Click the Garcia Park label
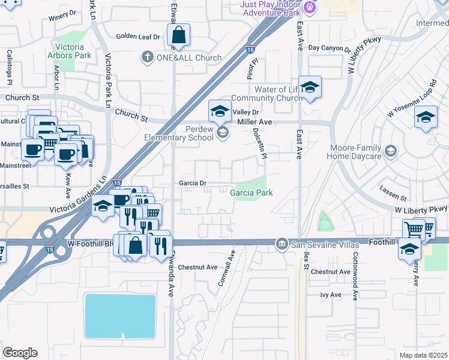click(252, 193)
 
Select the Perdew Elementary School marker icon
click(222, 133)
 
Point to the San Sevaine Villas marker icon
click(282, 244)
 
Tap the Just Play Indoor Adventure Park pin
click(309, 8)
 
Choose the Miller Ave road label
click(255, 122)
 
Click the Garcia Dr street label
click(193, 183)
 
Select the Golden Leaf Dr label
click(138, 37)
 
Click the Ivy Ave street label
click(331, 295)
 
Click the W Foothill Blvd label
click(91, 244)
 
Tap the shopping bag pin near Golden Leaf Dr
click(178, 35)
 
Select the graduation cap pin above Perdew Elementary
click(220, 110)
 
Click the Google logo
click(20, 353)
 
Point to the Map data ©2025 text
click(423, 355)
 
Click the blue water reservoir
click(120, 316)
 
